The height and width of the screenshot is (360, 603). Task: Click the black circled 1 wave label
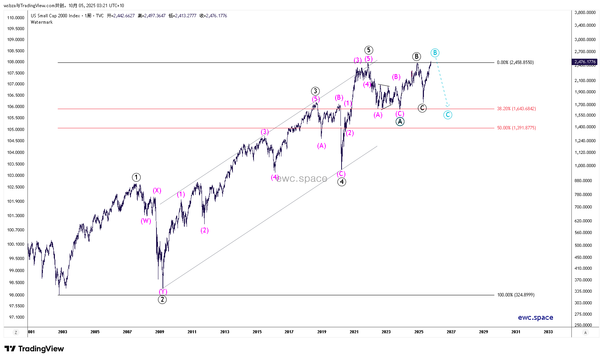136,177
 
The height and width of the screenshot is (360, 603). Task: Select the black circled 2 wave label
162,299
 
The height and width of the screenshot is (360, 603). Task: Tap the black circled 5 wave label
369,50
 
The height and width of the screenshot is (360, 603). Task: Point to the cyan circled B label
435,53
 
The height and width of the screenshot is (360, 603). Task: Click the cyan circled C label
448,115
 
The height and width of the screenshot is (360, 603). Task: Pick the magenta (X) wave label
157,190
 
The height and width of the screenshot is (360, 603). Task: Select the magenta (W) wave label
146,221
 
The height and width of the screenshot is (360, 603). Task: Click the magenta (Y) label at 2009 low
163,292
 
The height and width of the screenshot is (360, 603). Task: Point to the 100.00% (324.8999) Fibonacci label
516,295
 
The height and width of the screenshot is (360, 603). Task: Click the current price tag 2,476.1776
585,62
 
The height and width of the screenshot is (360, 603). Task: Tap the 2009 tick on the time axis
159,332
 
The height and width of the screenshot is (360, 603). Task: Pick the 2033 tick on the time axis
548,332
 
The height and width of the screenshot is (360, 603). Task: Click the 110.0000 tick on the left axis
16,18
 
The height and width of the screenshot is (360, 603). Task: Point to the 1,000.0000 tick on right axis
585,166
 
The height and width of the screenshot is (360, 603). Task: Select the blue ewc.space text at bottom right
535,317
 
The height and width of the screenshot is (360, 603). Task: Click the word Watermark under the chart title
42,22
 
